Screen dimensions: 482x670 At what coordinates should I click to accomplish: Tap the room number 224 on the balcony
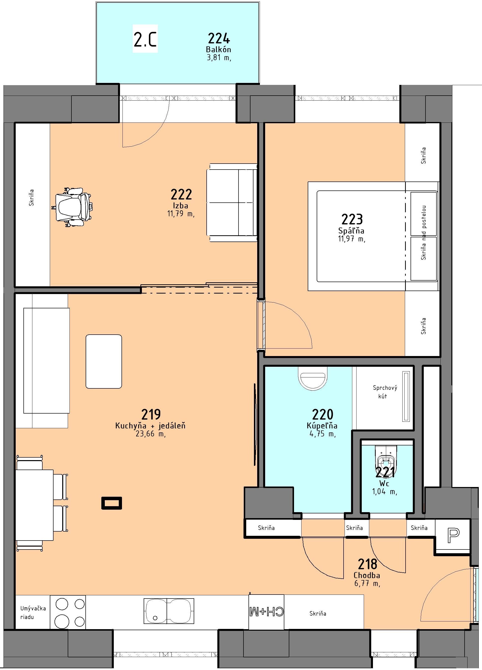pos(219,38)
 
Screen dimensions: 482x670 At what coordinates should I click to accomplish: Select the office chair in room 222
pos(73,207)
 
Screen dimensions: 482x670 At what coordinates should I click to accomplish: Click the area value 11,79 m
pos(181,214)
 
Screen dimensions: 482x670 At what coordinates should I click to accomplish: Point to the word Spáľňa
pos(352,230)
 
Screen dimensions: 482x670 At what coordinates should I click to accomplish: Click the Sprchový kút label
pos(385,392)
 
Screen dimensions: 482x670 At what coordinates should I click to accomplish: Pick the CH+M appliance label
pos(266,611)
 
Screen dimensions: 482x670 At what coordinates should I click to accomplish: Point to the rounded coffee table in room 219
pos(104,361)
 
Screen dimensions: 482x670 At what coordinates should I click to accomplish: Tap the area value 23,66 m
pos(151,433)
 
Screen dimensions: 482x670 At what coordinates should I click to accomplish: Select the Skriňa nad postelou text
pos(424,233)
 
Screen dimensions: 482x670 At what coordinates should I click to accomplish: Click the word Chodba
pos(367,575)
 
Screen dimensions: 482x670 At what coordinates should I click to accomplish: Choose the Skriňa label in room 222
pos(31,198)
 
